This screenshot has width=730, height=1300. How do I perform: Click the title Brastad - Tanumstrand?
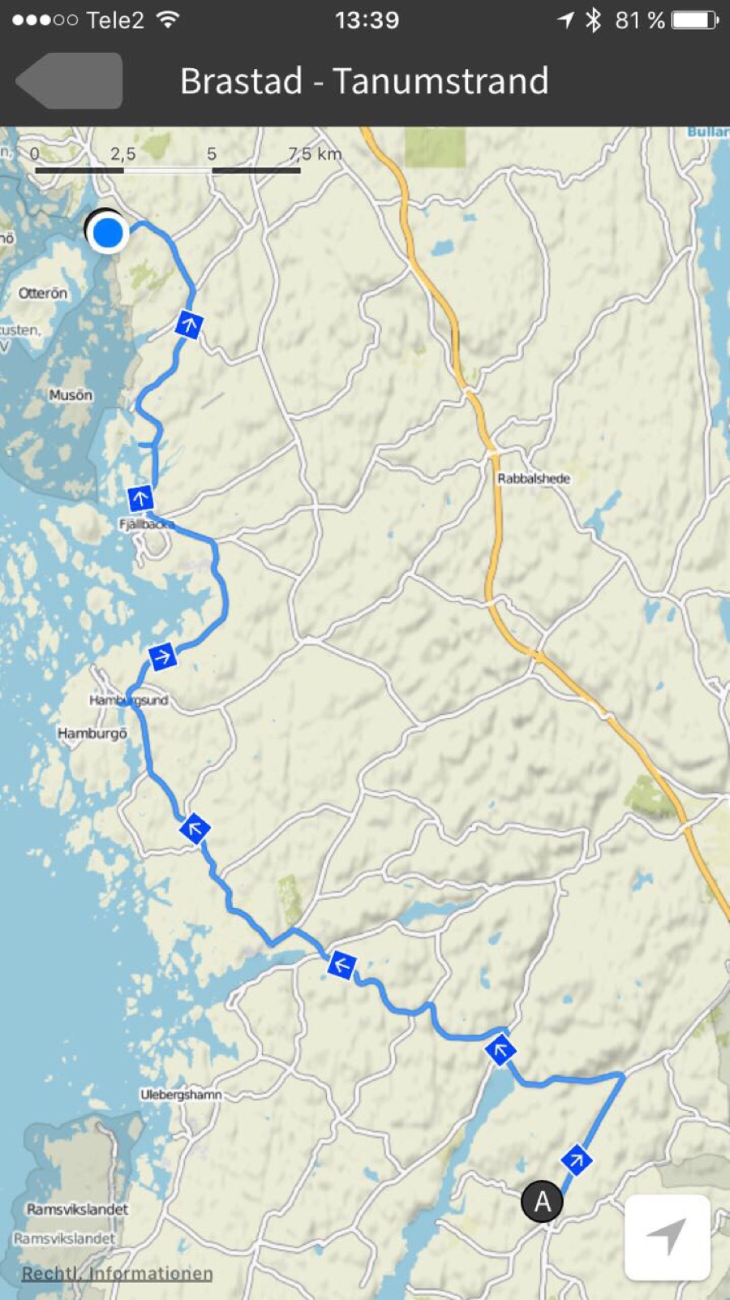tap(364, 81)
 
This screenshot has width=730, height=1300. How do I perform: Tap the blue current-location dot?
tap(107, 233)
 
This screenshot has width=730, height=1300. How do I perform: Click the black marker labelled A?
tap(542, 1201)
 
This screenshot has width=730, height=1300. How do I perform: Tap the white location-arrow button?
tap(667, 1237)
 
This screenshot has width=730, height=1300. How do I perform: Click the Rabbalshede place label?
tap(534, 479)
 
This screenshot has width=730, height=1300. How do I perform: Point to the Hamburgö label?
tap(92, 733)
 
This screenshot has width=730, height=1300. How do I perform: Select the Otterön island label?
tap(43, 293)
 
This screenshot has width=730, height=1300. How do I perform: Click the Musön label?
tap(71, 395)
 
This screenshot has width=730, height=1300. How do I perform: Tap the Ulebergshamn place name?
tap(181, 1095)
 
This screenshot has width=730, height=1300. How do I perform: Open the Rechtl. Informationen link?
tap(117, 1273)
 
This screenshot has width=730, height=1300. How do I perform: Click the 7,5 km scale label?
tap(315, 153)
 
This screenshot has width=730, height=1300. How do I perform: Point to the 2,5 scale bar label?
tap(122, 153)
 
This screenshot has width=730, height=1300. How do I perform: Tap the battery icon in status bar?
tap(695, 20)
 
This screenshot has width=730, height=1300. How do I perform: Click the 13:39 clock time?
tap(367, 20)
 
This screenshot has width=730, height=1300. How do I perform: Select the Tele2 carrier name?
tap(114, 20)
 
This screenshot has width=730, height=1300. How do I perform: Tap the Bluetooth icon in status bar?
tap(594, 20)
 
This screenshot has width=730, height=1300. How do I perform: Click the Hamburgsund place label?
tap(128, 700)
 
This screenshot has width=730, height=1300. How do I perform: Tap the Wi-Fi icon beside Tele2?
tap(168, 20)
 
